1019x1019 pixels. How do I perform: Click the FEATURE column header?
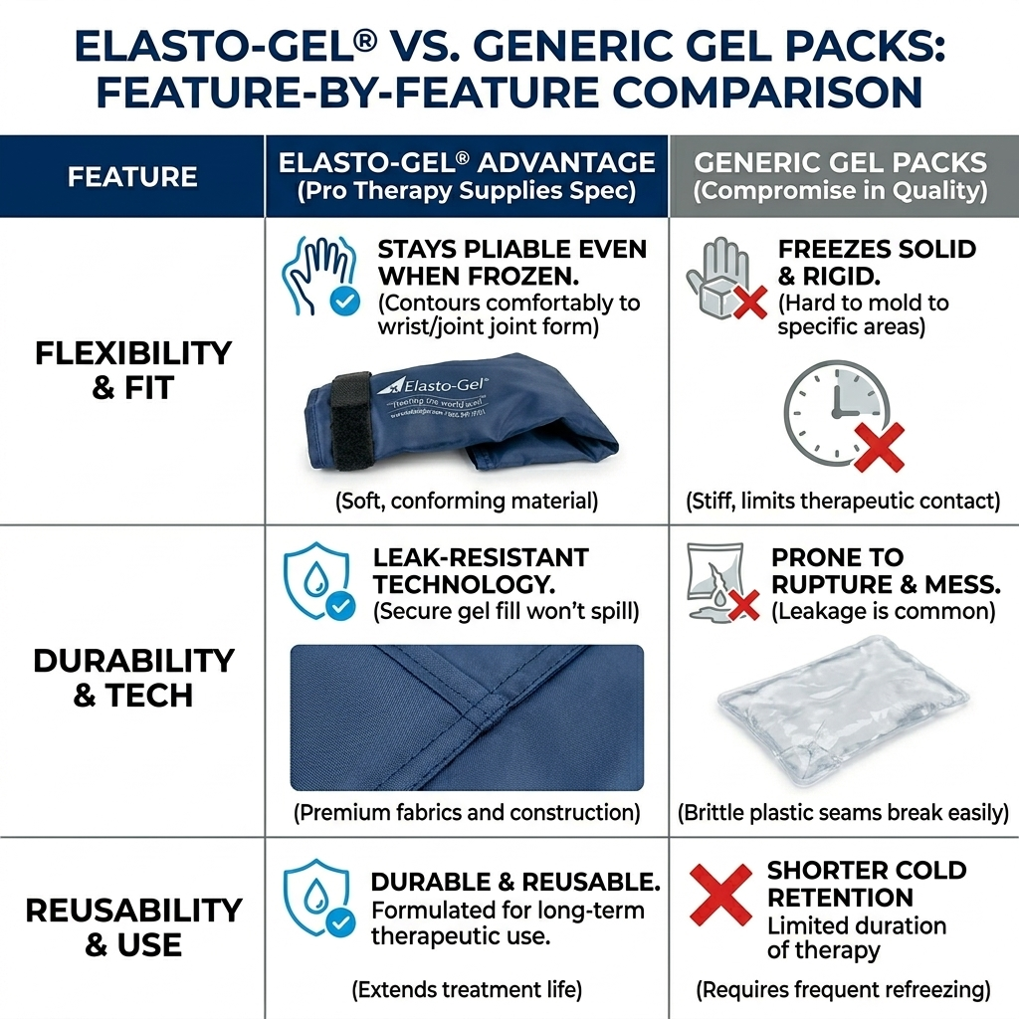(x=131, y=177)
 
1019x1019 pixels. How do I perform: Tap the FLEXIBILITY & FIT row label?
(x=132, y=369)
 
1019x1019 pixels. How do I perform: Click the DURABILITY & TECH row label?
(x=132, y=678)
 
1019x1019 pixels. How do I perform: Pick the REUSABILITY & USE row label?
(x=132, y=926)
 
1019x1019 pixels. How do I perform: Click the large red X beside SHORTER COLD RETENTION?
(x=721, y=895)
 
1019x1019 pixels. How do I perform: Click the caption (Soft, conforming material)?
(x=467, y=501)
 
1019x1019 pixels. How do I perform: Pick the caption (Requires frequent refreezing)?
(x=843, y=989)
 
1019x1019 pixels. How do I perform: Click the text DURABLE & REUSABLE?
(x=515, y=882)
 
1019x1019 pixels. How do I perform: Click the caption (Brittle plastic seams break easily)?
(x=843, y=813)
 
